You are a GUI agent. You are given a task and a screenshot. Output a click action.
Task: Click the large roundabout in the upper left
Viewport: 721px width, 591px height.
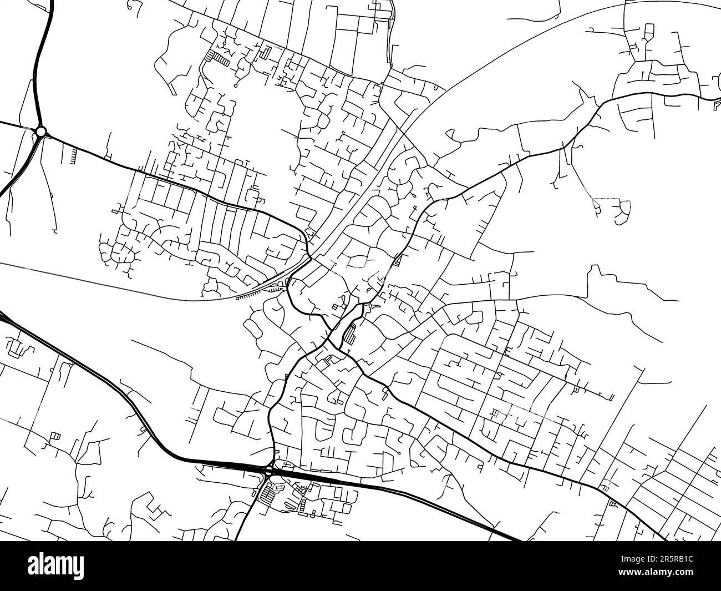(x=40, y=132)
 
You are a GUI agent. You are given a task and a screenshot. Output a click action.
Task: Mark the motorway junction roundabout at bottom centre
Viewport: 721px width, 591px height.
(x=269, y=471)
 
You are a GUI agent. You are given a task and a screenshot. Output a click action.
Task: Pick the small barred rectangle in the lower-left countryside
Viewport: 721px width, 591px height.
(x=55, y=436)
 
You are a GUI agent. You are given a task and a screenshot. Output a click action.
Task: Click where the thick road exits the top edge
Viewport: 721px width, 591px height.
(x=53, y=3)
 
